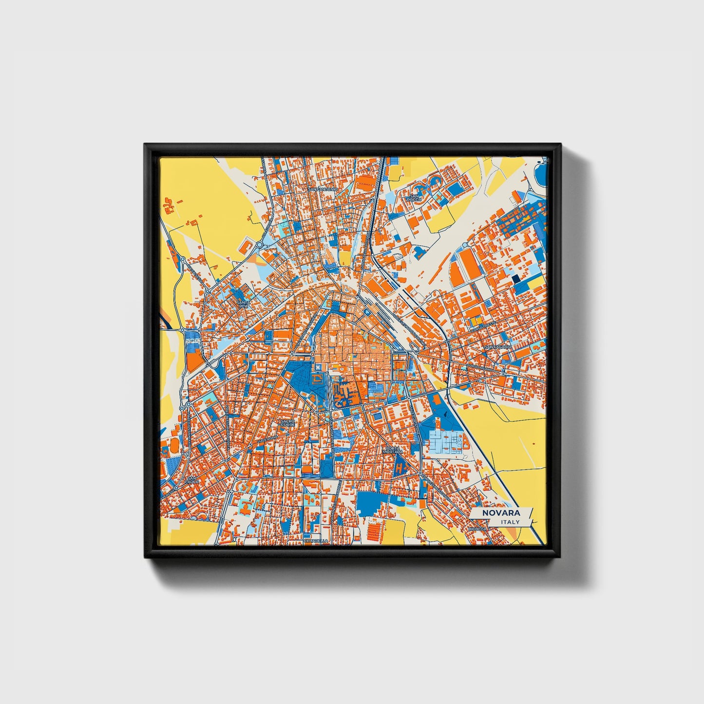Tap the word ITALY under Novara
[510, 522]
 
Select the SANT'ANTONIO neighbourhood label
[323, 189]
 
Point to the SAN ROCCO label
[414, 197]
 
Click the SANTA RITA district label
[242, 304]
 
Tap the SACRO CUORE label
[287, 422]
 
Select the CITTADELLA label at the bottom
[316, 541]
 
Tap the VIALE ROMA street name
[267, 440]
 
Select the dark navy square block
[515, 279]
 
